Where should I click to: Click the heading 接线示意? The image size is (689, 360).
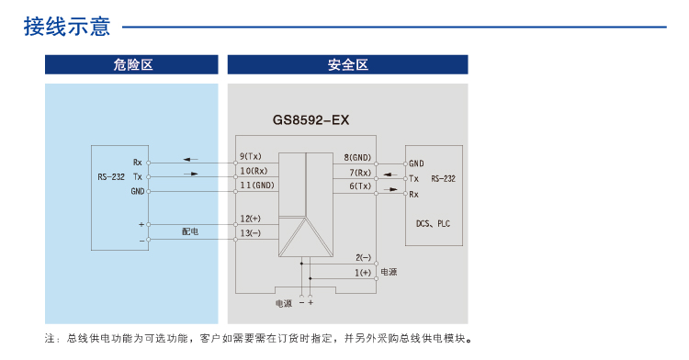(66, 27)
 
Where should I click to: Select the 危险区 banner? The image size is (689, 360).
(132, 64)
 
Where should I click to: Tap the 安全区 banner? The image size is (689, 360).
(347, 64)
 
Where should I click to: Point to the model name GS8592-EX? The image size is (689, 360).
(311, 119)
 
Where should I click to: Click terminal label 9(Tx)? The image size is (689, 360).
(251, 157)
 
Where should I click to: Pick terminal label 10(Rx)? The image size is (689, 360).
(254, 171)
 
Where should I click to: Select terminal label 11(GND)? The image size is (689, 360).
(256, 186)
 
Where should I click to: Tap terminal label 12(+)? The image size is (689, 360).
(250, 219)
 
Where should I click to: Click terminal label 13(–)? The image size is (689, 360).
(250, 233)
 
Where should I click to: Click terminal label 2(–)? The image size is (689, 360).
(363, 258)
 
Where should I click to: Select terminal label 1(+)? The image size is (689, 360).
(363, 273)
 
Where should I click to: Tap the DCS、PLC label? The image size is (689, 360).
(434, 223)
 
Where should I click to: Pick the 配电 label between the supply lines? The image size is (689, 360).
(190, 231)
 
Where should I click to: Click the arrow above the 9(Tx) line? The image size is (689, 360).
(189, 158)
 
